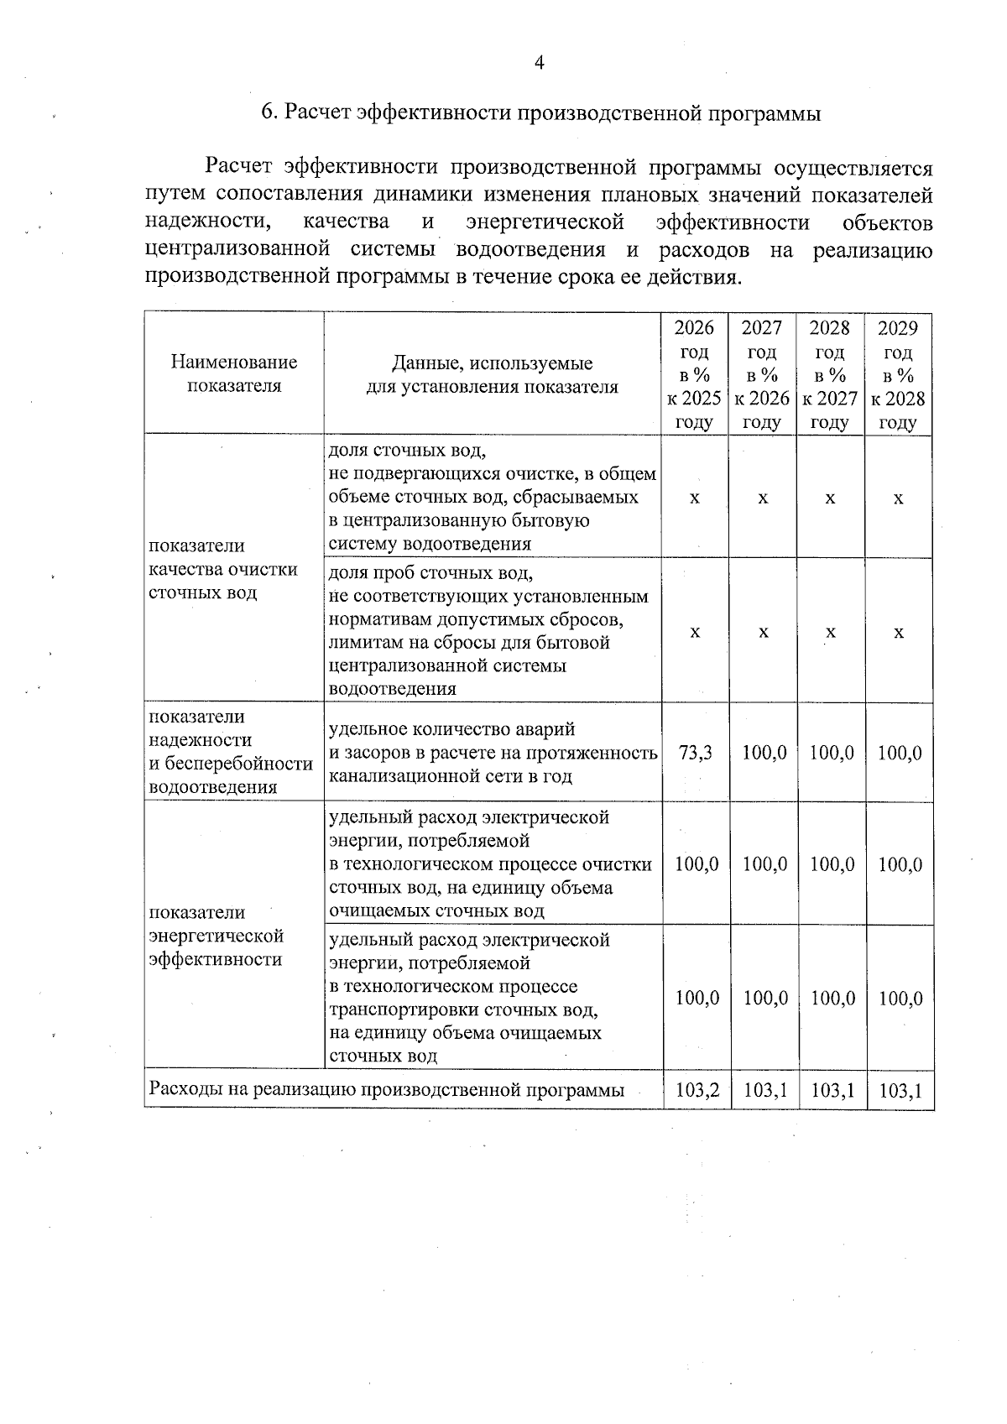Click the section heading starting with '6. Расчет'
tap(540, 113)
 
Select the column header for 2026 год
tap(694, 374)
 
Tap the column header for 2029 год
tap(898, 374)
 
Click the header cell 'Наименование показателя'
tap(234, 374)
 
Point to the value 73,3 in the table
tap(695, 753)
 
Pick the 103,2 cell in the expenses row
tap(697, 1091)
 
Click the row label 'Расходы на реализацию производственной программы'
tap(386, 1091)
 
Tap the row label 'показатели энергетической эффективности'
tap(217, 936)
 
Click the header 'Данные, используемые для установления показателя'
tap(493, 375)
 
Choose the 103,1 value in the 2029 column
tap(900, 1091)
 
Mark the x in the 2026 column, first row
tap(695, 498)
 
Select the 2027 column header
tap(762, 374)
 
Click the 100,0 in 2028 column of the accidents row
tap(832, 753)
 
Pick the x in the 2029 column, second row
tap(899, 632)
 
